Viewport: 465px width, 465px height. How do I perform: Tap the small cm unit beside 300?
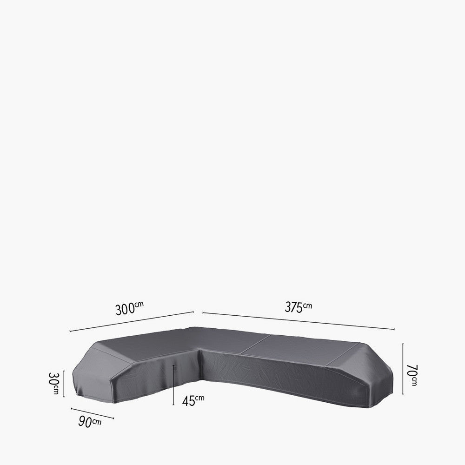139,305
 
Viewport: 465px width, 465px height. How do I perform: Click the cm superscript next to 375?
307,305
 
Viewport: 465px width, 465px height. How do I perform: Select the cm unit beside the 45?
199,398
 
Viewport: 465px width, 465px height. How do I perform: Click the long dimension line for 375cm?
298,320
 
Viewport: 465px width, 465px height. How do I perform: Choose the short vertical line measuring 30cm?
64,384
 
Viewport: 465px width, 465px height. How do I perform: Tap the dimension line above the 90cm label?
92,413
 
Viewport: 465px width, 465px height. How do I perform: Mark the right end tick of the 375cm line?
394,329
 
